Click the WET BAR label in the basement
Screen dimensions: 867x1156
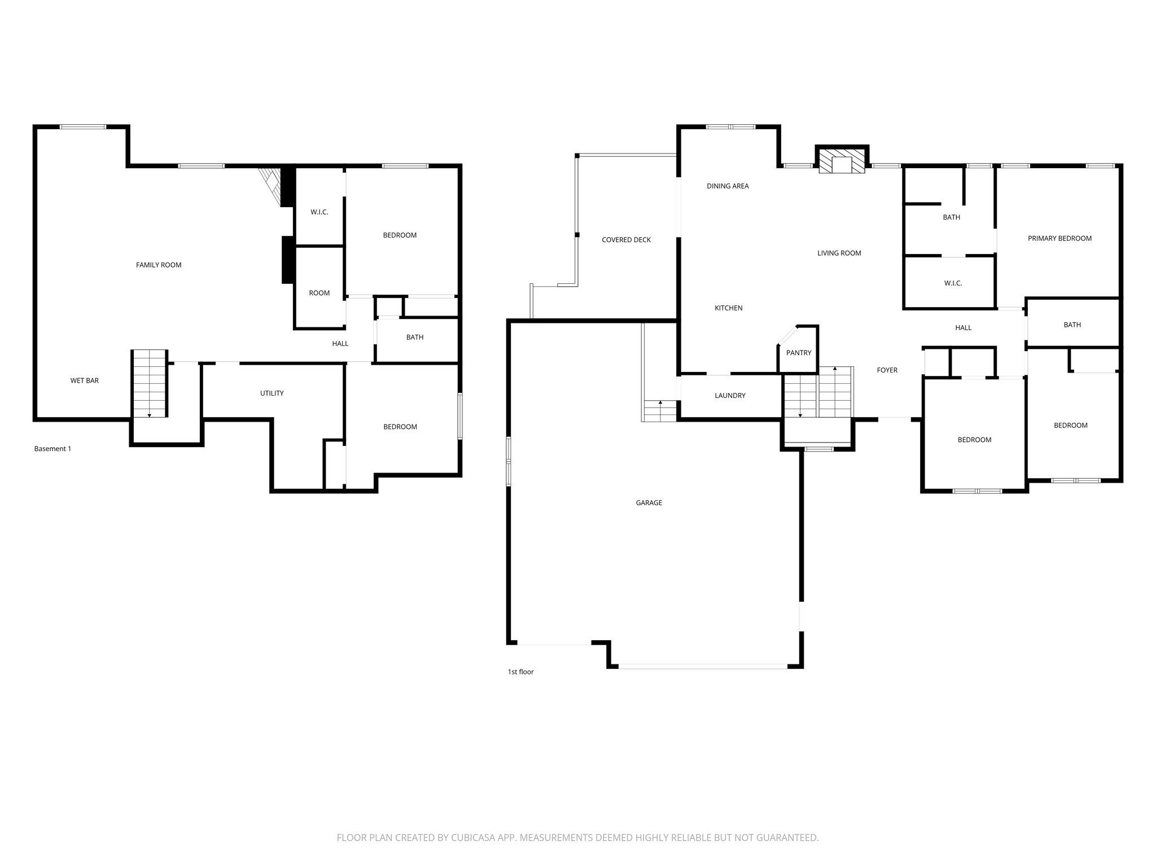click(x=85, y=380)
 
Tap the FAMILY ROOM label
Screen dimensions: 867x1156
click(x=159, y=265)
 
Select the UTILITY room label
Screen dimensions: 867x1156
click(x=272, y=393)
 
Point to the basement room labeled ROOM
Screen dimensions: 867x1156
click(x=319, y=293)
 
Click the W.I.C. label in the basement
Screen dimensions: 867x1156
click(x=319, y=212)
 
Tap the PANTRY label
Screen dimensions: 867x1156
click(x=799, y=353)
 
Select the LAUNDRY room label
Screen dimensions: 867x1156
click(x=730, y=396)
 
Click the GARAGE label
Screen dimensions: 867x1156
click(x=649, y=502)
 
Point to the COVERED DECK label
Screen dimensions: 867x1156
click(x=626, y=240)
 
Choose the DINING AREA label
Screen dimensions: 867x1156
click(x=728, y=186)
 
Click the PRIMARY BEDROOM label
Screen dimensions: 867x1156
click(x=1059, y=238)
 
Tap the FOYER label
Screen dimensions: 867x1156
click(x=887, y=370)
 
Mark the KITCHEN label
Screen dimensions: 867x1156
click(x=728, y=308)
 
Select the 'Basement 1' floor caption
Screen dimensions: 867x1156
click(x=52, y=449)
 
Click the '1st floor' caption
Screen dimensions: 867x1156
click(x=520, y=672)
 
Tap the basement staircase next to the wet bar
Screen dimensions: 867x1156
click(x=150, y=383)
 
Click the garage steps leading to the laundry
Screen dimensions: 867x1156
click(x=660, y=410)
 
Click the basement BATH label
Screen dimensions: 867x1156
click(x=414, y=337)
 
